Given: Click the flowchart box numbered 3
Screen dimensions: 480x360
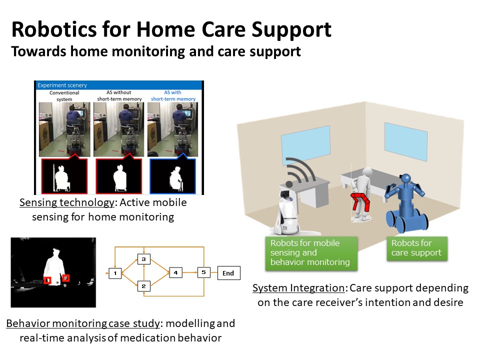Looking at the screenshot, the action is point(143,259).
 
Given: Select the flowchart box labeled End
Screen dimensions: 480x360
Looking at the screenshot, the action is point(228,273).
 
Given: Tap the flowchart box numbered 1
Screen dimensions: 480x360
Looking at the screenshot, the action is point(115,273).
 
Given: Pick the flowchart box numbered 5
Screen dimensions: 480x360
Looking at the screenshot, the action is point(204,272).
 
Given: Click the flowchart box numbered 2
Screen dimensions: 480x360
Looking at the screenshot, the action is point(143,286).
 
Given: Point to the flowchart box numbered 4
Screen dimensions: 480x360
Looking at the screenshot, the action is point(175,272).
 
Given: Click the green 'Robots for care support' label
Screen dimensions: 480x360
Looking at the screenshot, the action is point(417,248).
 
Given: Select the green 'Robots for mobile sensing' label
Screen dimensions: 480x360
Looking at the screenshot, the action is point(311,253).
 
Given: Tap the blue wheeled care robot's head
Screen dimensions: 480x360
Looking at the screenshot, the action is point(406,179).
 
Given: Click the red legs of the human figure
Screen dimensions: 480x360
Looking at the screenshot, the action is point(360,201).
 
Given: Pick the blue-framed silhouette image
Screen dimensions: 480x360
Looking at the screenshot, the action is point(172,176).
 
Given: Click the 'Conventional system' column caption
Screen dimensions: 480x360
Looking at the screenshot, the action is point(64,96).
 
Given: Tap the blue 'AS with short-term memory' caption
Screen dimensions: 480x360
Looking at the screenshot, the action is point(173,95).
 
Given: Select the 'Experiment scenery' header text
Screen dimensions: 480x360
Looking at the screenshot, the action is point(62,85).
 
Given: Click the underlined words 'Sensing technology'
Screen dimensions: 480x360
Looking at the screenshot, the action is point(66,202).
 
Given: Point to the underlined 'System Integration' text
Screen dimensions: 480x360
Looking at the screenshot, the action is point(298,288).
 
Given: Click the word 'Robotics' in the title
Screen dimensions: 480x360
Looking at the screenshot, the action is point(54,29).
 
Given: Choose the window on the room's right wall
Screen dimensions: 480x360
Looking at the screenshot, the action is point(406,141).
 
